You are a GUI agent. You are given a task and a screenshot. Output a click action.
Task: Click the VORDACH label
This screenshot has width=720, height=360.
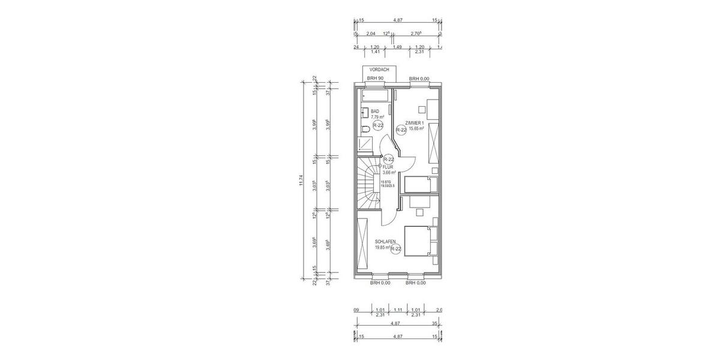(379, 70)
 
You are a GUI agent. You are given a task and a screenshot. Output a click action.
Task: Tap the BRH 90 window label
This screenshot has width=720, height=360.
(376, 79)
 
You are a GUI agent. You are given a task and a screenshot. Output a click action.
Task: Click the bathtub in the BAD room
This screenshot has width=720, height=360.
(375, 95)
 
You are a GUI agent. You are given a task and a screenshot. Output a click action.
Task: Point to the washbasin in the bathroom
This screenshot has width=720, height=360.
(364, 112)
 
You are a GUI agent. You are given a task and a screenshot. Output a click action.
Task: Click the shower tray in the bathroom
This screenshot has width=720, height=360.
(364, 145)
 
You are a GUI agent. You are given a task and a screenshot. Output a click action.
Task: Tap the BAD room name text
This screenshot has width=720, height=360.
(375, 112)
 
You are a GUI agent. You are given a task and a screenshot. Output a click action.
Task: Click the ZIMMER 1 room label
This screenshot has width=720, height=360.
(414, 123)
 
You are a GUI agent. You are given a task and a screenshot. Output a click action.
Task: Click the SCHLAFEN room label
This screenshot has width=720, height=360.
(385, 242)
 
